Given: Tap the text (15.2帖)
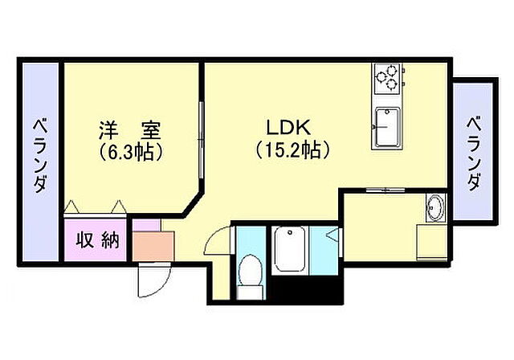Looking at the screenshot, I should click(290, 149).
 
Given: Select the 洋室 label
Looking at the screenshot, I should click(130, 129).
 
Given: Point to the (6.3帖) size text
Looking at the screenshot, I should click(131, 150).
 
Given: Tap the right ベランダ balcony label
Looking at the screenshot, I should click(474, 153).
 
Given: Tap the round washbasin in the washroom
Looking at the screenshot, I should click(434, 208).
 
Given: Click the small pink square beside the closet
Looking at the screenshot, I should click(141, 225).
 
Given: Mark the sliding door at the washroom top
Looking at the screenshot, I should click(383, 190).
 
